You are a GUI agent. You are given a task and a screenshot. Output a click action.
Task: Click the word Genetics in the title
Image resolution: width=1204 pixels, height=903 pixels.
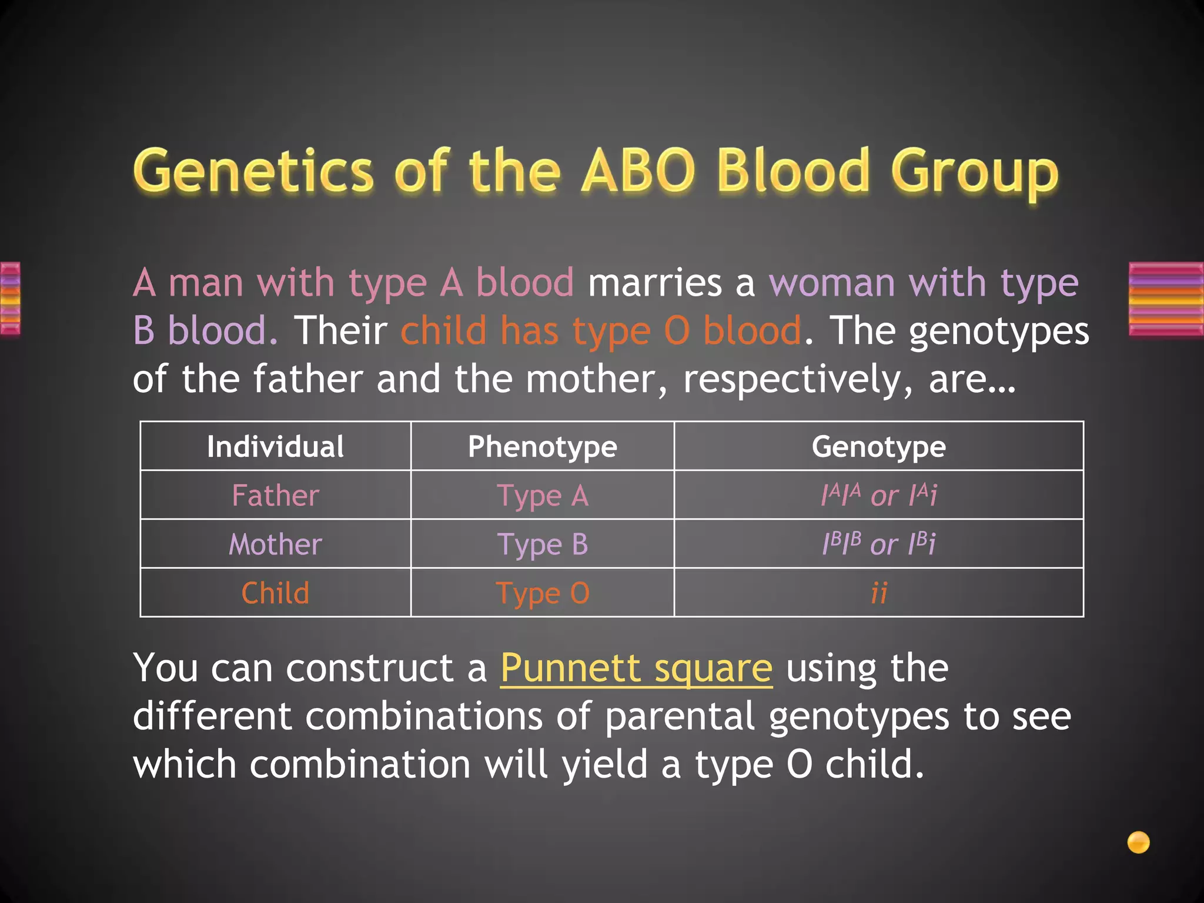[x=253, y=172]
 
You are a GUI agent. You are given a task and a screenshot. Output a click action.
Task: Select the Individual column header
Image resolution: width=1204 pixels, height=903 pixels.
[x=275, y=447]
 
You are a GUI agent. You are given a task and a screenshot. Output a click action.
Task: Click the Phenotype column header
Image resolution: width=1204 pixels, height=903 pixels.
[x=542, y=447]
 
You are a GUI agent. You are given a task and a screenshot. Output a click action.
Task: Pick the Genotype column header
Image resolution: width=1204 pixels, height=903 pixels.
[x=878, y=447]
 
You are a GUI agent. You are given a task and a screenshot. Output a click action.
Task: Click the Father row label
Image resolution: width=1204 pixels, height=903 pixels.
[x=275, y=496]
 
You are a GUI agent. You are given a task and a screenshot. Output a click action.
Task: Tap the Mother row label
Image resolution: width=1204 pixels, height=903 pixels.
[x=275, y=544]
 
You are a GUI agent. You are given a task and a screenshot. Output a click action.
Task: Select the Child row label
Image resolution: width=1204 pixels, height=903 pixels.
[x=275, y=593]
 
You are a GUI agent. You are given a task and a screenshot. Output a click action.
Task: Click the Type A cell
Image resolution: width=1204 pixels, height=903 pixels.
[x=542, y=496]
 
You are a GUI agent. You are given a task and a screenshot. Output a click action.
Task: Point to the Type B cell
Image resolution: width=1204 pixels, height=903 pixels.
[x=542, y=544]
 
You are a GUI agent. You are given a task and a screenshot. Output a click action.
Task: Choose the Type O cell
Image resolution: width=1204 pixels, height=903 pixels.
[x=542, y=593]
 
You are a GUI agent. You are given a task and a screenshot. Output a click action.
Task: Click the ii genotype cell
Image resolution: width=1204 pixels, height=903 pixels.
[x=878, y=593]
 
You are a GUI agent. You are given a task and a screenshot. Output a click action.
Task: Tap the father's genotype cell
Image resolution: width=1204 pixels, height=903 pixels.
[x=878, y=496]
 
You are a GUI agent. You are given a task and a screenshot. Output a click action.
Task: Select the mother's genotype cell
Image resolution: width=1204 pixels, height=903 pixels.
[x=878, y=544]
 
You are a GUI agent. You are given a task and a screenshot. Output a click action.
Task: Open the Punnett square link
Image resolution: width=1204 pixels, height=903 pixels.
[x=636, y=669]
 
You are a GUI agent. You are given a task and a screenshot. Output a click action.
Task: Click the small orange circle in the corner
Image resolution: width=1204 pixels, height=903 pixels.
[x=1138, y=842]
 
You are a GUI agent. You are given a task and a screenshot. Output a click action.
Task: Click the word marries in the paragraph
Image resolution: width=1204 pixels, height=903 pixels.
[x=654, y=283]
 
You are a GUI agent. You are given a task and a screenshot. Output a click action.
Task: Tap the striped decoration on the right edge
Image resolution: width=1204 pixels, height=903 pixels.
[x=1166, y=299]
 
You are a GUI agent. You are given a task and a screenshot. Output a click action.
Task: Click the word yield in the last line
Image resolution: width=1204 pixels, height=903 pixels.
[x=604, y=765]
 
